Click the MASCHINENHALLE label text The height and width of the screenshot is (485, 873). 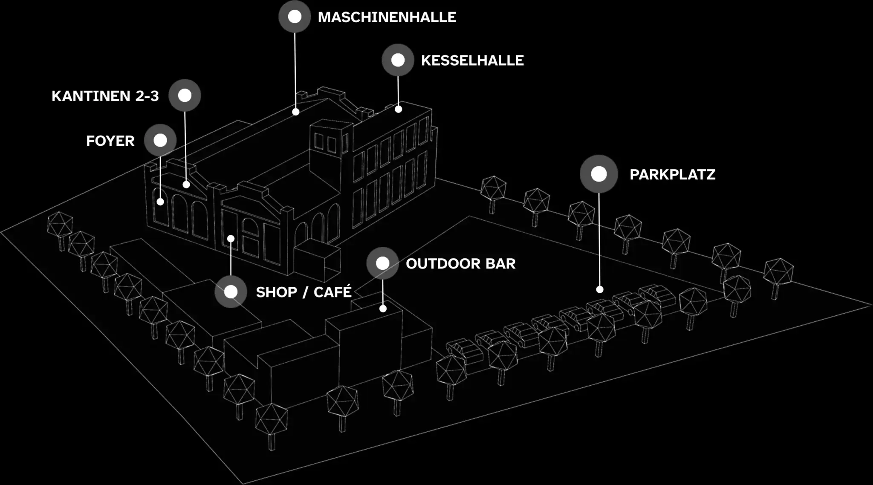click(387, 17)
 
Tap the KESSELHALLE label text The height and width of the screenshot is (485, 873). click(472, 61)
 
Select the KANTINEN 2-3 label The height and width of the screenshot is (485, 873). click(105, 96)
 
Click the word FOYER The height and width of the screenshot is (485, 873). click(110, 141)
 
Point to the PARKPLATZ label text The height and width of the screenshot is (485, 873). click(672, 174)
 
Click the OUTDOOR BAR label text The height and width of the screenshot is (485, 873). click(460, 263)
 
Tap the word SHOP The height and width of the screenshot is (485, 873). click(276, 292)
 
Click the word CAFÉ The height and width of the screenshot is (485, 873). click(332, 292)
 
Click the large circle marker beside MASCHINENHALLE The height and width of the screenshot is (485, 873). click(295, 17)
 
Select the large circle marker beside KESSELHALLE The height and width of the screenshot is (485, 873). click(398, 60)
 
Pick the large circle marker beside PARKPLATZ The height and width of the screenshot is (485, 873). click(598, 174)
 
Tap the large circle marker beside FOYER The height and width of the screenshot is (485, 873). click(160, 140)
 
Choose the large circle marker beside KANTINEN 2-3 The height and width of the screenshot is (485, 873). click(185, 95)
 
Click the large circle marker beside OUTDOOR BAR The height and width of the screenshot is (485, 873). click(382, 263)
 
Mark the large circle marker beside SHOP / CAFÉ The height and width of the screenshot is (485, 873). click(231, 292)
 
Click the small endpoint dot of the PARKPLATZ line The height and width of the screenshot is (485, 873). click(599, 289)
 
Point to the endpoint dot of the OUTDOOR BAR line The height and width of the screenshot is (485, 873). click(383, 309)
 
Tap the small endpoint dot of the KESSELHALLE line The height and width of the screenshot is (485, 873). click(398, 109)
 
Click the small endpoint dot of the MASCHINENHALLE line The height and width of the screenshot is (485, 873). click(295, 112)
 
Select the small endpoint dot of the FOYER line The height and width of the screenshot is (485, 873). click(160, 202)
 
